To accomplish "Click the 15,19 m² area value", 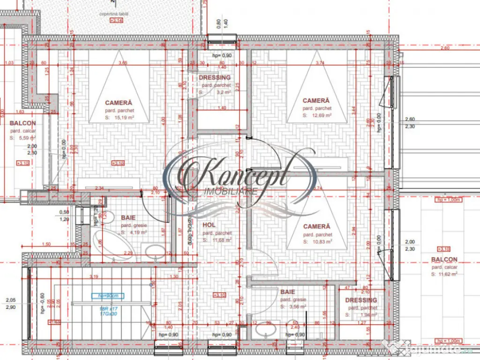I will [124, 118].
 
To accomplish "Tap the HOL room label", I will [209, 225].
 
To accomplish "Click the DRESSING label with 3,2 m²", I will [215, 77].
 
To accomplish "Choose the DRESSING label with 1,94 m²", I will [361, 300].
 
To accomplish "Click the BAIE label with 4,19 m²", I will [128, 218].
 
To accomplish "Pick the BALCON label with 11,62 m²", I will [444, 259].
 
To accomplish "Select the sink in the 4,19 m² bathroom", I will [153, 253].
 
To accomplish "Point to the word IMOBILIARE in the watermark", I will [231, 191].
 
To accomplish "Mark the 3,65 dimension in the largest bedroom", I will [123, 63].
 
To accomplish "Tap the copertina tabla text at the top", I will [114, 14].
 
